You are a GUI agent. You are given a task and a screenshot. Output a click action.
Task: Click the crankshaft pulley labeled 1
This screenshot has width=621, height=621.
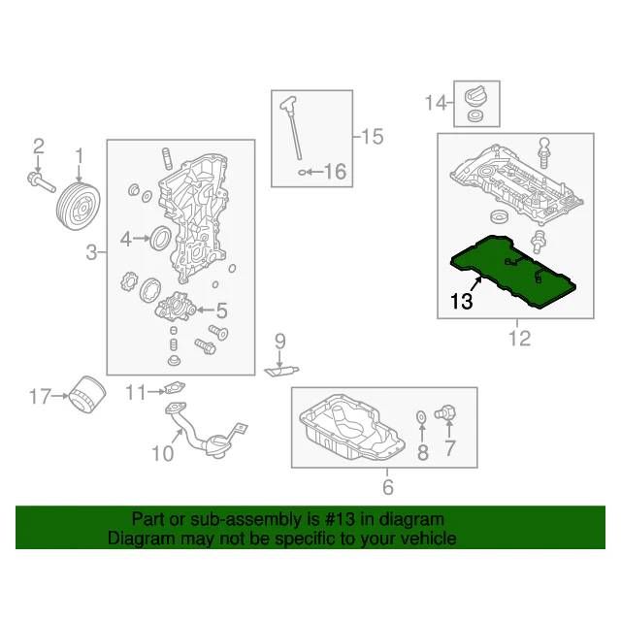[x=78, y=206]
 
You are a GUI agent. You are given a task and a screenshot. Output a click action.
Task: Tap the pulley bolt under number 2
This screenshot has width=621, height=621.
[x=41, y=182]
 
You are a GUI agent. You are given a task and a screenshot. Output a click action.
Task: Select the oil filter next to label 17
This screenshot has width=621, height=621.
[x=87, y=395]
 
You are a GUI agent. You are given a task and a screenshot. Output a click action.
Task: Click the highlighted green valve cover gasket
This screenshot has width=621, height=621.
[x=513, y=272]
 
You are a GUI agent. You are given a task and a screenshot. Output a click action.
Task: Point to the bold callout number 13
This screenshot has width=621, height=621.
[x=462, y=301]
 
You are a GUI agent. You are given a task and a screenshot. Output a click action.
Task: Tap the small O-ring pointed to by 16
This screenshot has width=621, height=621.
[x=302, y=173]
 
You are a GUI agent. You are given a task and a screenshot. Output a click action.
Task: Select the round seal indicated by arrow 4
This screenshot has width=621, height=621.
[x=161, y=238]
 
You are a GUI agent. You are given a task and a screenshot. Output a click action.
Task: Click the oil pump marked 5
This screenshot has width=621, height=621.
[x=176, y=310]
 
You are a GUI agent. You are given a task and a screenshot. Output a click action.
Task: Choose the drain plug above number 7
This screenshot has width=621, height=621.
[x=445, y=412]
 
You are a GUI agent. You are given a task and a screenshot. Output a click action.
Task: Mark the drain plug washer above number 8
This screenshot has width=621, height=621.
[x=421, y=416]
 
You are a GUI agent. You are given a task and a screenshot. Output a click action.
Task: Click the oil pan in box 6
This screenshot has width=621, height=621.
[x=351, y=427]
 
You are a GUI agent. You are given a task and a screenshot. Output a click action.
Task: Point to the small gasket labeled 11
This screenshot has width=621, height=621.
[x=175, y=388]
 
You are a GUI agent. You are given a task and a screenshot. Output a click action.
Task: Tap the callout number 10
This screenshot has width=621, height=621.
[x=163, y=453]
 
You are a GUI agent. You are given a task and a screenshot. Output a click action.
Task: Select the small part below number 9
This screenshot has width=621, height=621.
[x=281, y=371]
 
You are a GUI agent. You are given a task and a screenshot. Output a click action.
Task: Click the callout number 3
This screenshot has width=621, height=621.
[x=91, y=252]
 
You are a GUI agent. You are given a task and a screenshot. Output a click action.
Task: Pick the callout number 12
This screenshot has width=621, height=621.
[x=519, y=339]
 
